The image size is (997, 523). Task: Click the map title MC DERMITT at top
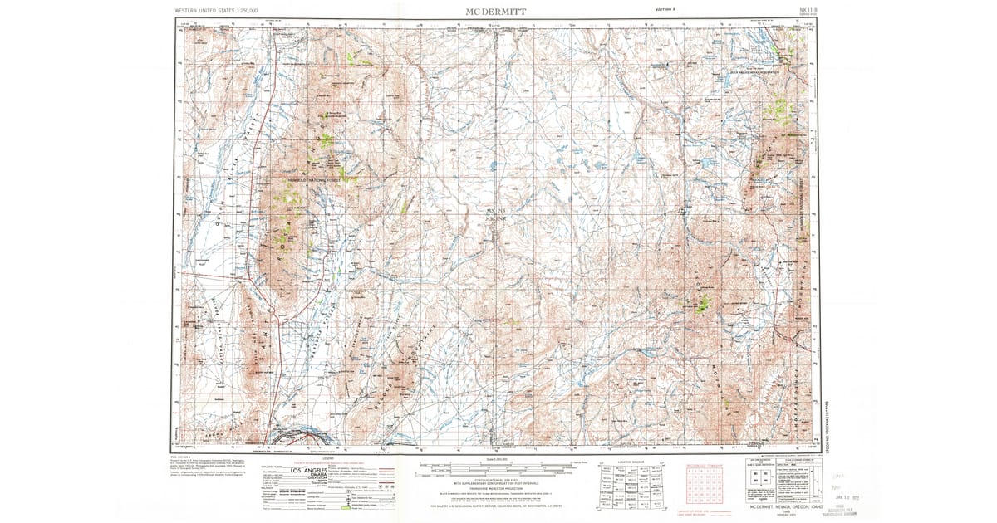pyautogui.click(x=496, y=10)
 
